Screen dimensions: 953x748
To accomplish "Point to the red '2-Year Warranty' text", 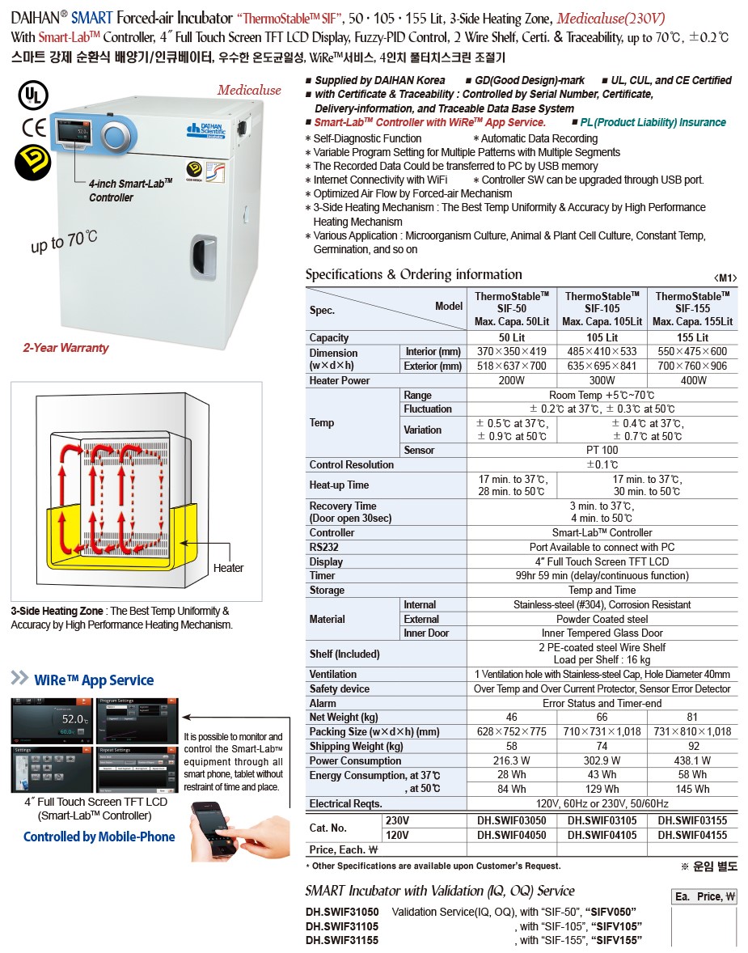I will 66,348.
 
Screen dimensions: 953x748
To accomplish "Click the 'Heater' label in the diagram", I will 228,568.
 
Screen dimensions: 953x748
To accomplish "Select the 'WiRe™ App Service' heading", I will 93,680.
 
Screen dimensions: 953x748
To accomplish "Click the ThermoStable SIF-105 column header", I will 602,309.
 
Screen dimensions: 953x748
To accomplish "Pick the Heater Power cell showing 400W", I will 692,380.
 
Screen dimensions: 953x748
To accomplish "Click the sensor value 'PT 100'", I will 602,450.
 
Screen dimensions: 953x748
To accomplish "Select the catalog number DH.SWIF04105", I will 602,835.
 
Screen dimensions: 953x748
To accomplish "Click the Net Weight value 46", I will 511,718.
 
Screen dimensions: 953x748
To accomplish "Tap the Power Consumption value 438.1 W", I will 692,760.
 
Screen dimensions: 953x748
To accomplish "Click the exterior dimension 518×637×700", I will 511,366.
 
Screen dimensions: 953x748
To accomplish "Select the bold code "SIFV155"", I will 617,940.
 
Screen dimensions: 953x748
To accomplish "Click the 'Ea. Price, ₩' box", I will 705,896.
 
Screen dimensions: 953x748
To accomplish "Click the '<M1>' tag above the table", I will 725,277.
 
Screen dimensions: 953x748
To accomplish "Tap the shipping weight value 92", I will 692,747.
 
